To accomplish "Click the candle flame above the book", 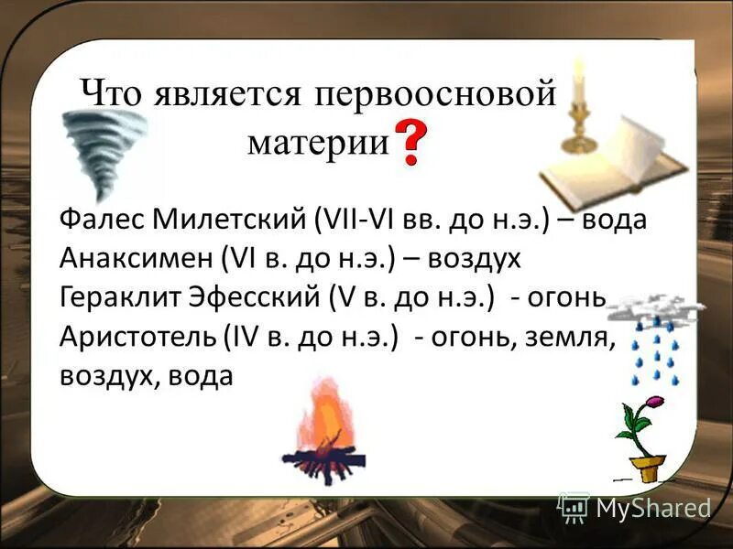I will [578, 67].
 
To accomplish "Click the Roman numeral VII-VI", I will [355, 221].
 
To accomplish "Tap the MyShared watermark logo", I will [634, 506].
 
